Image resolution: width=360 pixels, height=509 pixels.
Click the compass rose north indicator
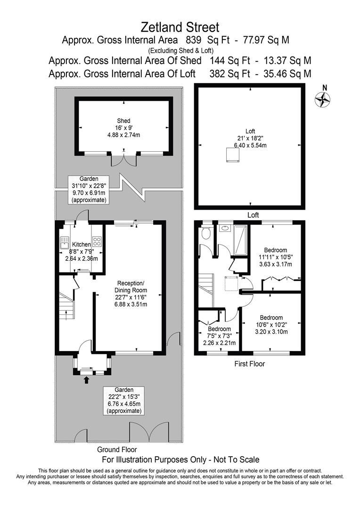322,99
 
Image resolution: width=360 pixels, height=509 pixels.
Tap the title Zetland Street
180,26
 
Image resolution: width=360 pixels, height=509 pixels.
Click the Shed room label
123,121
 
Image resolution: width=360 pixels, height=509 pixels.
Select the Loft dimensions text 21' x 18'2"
249,138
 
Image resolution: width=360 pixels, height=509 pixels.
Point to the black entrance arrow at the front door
86,380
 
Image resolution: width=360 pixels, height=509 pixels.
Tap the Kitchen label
81,245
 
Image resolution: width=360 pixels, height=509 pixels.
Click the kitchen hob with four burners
97,242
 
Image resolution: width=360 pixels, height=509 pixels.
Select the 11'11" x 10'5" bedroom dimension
275,257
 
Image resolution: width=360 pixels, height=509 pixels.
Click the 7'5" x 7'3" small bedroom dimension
220,336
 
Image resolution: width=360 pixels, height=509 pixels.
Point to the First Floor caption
249,364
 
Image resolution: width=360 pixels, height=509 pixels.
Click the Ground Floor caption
117,450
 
